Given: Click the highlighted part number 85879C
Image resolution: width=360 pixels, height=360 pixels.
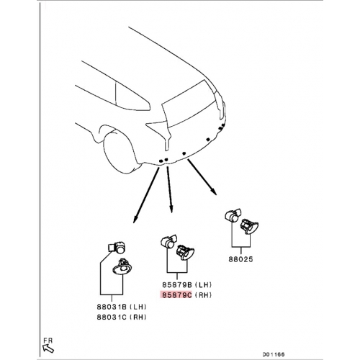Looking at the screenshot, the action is [x=177, y=295].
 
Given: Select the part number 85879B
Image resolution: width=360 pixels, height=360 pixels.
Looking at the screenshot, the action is [x=177, y=285].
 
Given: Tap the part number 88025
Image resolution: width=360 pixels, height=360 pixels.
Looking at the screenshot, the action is [x=240, y=259].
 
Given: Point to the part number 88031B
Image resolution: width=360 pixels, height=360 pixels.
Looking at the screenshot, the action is [x=112, y=307].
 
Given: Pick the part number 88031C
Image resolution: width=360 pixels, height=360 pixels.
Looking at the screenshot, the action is [x=112, y=317].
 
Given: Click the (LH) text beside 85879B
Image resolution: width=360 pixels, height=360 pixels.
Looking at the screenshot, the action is [x=203, y=285].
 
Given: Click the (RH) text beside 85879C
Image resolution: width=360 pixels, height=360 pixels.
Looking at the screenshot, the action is [x=203, y=295].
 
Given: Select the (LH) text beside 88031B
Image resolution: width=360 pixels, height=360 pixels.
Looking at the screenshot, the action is [x=138, y=307].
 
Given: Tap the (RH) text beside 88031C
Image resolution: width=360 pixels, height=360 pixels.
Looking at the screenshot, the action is [x=138, y=317].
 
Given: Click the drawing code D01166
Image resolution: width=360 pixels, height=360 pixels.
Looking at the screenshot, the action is [x=273, y=354].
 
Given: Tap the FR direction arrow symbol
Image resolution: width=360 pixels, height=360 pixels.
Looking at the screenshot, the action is [x=48, y=348].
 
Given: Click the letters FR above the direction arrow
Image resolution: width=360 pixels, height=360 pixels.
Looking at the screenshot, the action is [x=48, y=341].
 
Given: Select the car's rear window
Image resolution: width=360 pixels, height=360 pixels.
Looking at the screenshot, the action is [x=189, y=103].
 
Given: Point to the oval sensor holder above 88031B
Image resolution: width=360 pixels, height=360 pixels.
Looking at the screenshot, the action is [x=124, y=267].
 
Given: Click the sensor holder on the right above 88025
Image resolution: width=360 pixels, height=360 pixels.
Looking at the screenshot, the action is [x=249, y=226].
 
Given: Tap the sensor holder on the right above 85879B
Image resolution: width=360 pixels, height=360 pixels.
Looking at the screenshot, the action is [x=185, y=253].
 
